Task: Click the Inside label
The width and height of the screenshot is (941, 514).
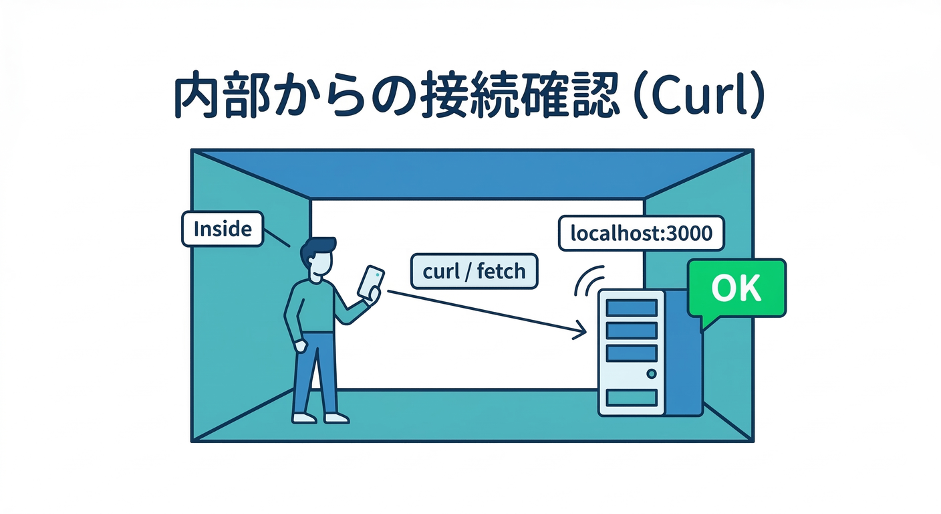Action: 222,230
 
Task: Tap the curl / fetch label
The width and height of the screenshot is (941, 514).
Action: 474,271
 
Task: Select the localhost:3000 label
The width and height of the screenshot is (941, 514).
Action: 641,233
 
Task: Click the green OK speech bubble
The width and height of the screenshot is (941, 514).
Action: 736,288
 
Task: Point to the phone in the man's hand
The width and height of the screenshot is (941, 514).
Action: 371,281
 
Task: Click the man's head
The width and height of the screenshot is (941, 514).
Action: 319,257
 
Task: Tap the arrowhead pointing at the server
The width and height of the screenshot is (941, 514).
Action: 579,330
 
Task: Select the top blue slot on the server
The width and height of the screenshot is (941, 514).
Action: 631,308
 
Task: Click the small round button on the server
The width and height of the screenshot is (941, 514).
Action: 652,373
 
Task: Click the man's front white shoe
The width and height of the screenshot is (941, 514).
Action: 336,418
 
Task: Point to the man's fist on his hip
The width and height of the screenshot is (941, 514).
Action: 300,346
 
